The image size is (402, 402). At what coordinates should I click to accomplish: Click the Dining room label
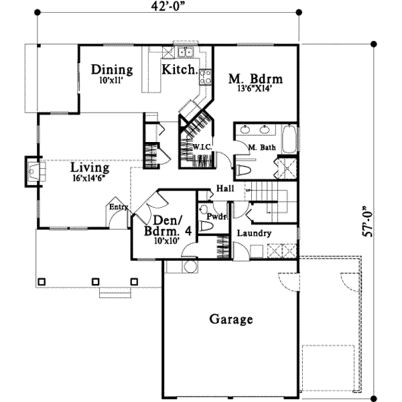click(112, 70)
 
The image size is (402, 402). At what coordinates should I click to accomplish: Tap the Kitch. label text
click(179, 70)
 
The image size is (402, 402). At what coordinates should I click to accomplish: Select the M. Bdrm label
click(255, 79)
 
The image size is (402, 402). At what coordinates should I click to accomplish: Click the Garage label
click(231, 319)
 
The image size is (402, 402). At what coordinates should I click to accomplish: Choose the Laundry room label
click(254, 233)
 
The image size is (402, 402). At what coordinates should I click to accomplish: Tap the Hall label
click(224, 190)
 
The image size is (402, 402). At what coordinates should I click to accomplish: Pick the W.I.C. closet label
click(203, 146)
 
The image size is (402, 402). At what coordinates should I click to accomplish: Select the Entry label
click(119, 207)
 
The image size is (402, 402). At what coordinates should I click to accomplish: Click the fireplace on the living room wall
click(33, 172)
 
